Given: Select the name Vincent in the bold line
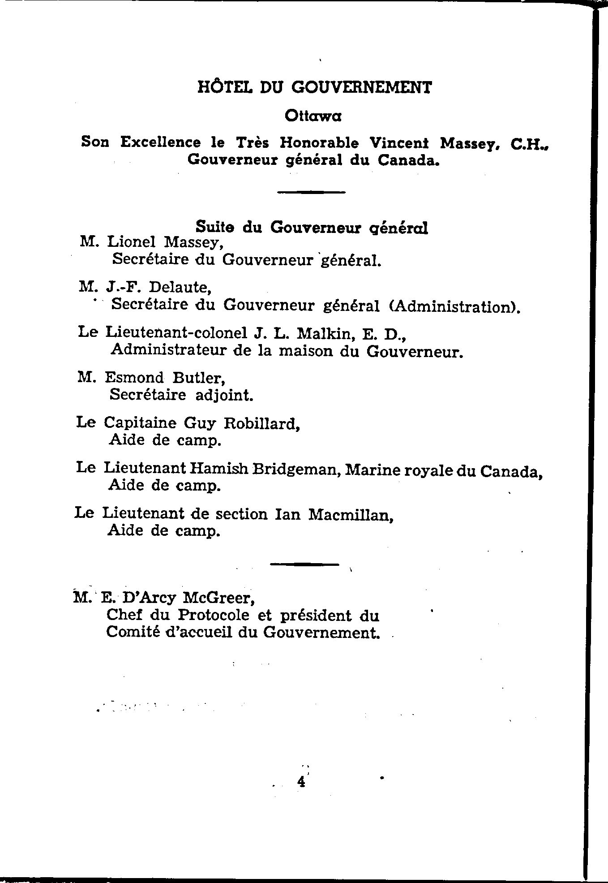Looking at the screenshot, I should tap(399, 143).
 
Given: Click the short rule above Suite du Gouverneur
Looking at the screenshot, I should tap(312, 193).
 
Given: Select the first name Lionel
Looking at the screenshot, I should tap(132, 242).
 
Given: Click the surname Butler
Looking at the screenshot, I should tap(199, 378).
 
